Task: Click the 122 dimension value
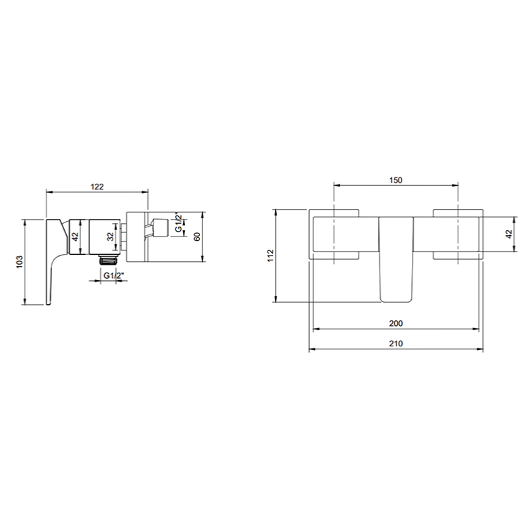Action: pos(97,187)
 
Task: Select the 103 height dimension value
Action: pos(20,262)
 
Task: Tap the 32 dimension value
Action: pos(111,237)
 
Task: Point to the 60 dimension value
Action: pos(197,237)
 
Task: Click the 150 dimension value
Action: pos(396,180)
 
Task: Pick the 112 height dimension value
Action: pos(271,256)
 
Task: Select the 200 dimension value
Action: pos(396,323)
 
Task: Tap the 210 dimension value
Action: pos(396,344)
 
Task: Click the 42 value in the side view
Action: pos(75,237)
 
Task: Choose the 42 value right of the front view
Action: pos(509,234)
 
